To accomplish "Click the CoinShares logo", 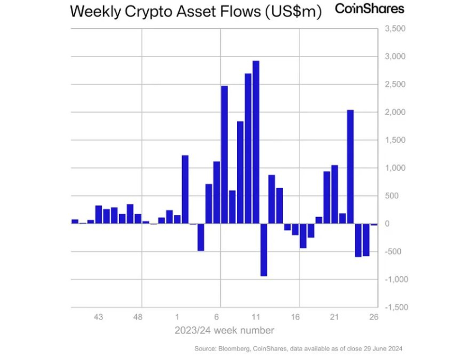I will [x=370, y=9].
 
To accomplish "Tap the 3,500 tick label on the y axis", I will [x=395, y=29].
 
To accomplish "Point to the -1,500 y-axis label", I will [x=394, y=307].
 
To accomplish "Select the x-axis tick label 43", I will [x=99, y=317].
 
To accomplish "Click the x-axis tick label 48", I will [x=138, y=317].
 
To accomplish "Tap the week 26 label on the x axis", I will [x=374, y=317].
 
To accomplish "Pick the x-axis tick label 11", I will [x=256, y=317].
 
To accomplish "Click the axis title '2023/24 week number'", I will [x=224, y=331].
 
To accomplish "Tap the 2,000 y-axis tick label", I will [x=395, y=112].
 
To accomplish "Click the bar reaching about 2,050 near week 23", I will [x=350, y=166].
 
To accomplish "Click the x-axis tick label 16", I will [x=295, y=317].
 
